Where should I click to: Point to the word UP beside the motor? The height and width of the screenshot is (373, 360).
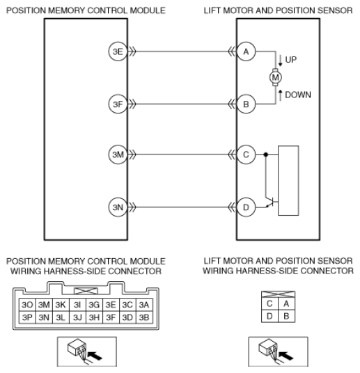[290, 60]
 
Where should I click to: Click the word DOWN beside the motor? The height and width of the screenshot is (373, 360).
[297, 94]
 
